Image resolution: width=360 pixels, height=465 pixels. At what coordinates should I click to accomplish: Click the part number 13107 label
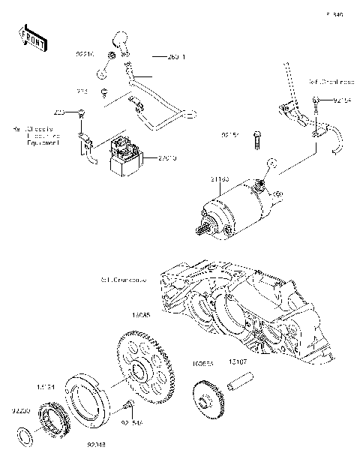click(x=238, y=361)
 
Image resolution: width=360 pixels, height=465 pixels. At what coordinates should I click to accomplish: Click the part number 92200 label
click(x=20, y=411)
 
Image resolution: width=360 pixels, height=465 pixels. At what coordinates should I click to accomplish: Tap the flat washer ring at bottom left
click(x=25, y=434)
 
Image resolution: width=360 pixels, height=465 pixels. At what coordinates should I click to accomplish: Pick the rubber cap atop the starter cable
click(x=120, y=40)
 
